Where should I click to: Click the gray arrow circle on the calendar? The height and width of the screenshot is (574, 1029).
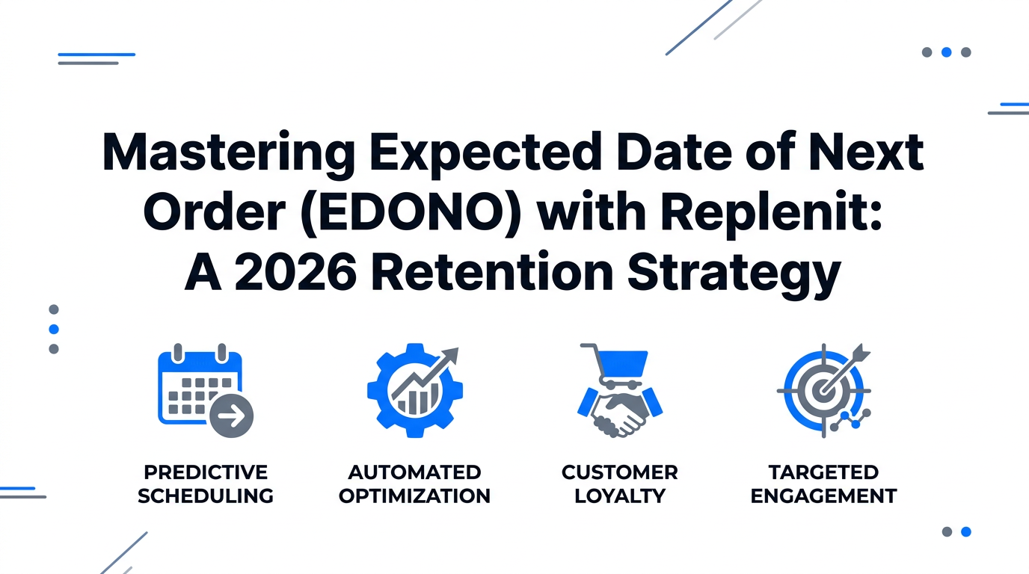232,416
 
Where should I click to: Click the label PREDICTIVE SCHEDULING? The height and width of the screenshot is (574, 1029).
206,484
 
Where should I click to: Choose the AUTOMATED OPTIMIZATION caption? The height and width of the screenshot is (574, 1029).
414,484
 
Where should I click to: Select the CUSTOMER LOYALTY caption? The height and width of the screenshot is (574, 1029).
620,484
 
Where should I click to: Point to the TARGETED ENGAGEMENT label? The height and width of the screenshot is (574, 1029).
823,484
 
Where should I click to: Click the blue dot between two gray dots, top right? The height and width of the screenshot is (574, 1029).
946,52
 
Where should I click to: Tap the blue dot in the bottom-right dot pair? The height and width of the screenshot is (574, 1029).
965,531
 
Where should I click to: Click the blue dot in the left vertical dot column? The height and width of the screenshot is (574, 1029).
54,329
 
